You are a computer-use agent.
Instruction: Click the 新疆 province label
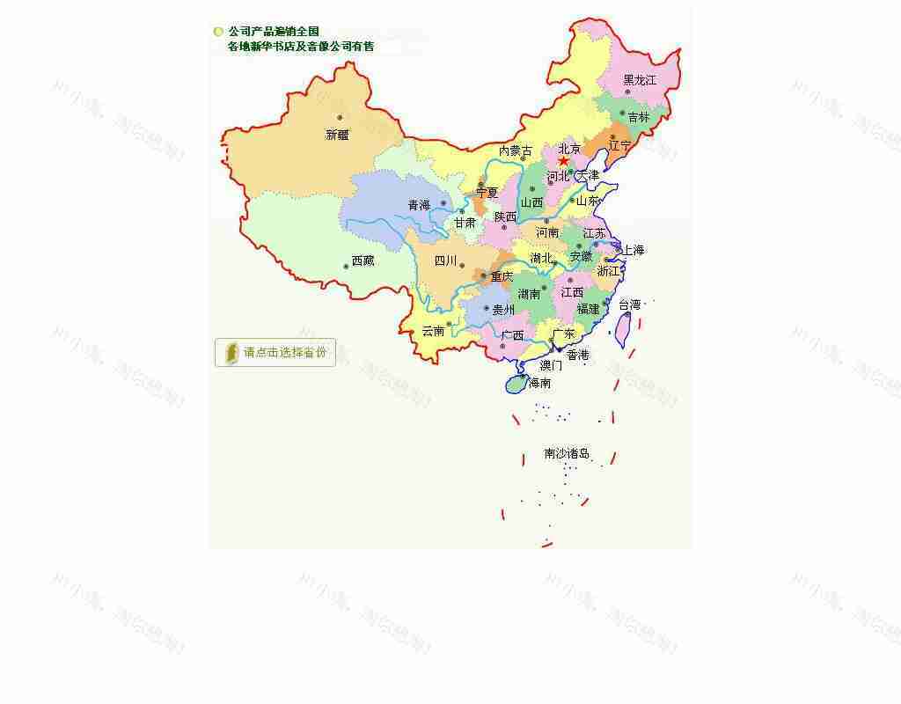click(338, 135)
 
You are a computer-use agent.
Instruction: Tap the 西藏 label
click(363, 260)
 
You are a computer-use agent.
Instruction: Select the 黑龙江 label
click(640, 80)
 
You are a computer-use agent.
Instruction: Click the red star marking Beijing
click(563, 161)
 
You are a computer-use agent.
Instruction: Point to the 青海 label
click(419, 205)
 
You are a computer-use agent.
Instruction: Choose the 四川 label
click(446, 260)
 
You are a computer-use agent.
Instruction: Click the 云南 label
click(434, 331)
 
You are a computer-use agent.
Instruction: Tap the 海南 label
click(539, 383)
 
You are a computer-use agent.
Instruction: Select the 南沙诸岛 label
click(567, 454)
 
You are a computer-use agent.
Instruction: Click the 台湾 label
click(630, 304)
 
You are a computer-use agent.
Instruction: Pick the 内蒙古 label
click(516, 151)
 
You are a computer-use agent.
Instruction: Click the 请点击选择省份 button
click(275, 352)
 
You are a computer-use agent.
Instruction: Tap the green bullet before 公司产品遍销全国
click(218, 32)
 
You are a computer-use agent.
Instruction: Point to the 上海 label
click(634, 250)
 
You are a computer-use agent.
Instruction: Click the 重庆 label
click(502, 276)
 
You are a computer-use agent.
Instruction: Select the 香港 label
click(578, 355)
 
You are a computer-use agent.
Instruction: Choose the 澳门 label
click(551, 365)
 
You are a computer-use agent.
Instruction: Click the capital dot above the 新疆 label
click(340, 118)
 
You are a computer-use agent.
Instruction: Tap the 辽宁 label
click(620, 145)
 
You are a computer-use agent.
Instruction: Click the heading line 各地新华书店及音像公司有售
click(300, 47)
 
